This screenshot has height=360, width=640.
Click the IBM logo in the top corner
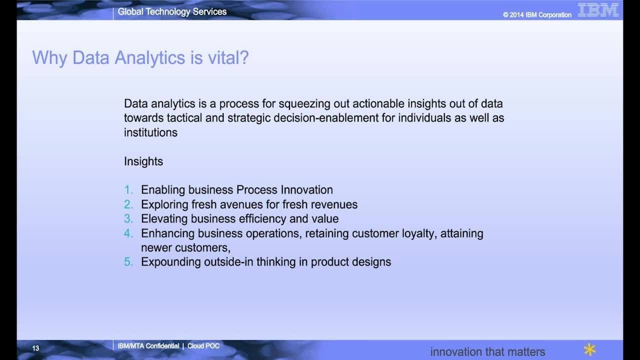tap(598, 10)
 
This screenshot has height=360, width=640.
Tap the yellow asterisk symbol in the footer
tap(590, 349)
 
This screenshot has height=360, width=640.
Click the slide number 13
tap(35, 348)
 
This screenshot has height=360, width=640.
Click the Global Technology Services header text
tap(172, 11)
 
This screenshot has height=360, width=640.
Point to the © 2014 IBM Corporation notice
tap(537, 15)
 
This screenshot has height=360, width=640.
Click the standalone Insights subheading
tap(143, 161)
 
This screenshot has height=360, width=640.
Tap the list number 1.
tap(128, 190)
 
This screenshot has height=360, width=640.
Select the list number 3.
tap(128, 219)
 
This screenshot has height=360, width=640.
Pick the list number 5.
tap(128, 262)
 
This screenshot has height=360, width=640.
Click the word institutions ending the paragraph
tap(150, 132)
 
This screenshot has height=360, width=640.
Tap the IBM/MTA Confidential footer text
tap(148, 346)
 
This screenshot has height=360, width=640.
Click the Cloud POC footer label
tap(203, 346)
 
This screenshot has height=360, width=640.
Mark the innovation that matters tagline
tap(487, 351)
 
